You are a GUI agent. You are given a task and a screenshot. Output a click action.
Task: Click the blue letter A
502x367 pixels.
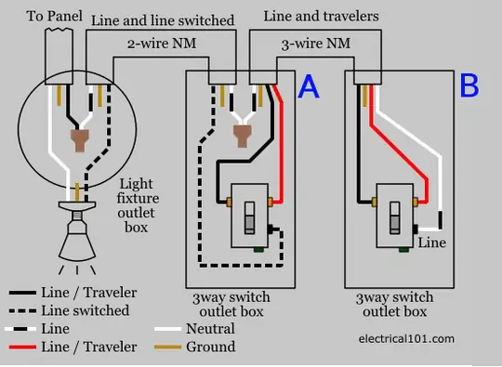pos(309,86)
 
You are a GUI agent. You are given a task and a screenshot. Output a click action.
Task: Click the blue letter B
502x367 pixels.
pos(469,85)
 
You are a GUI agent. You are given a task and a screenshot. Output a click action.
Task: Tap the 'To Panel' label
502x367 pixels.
pos(55,16)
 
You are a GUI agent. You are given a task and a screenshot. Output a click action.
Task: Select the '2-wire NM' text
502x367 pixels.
pos(162,44)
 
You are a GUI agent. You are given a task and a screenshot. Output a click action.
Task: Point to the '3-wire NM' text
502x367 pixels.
pos(316,44)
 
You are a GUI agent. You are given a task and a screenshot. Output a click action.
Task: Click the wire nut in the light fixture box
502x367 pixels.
pos(79,140)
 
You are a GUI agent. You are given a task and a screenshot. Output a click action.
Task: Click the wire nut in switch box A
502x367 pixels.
pos(243,136)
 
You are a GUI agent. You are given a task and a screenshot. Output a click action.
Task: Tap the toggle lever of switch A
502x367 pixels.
pos(250,217)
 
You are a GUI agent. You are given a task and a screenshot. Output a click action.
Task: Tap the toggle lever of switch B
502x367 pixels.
pos(395,217)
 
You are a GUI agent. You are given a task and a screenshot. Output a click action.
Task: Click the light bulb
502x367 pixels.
pos(77,234)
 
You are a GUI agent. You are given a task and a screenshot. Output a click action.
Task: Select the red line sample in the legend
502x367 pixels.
pos(22,347)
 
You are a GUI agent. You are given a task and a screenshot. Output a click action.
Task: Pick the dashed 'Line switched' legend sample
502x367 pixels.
pos(22,310)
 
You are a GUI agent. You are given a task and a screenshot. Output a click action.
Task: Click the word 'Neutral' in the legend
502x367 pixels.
pos(210,329)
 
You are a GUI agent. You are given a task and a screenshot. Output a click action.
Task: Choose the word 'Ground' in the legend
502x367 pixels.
pos(211,347)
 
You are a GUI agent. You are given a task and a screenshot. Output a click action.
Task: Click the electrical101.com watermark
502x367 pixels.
pos(406,338)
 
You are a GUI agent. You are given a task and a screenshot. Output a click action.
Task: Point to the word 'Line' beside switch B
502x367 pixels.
pos(432,242)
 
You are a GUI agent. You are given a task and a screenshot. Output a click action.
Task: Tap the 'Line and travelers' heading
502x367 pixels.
pos(321,16)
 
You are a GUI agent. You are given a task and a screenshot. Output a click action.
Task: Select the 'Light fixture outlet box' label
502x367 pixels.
pos(138,205)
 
